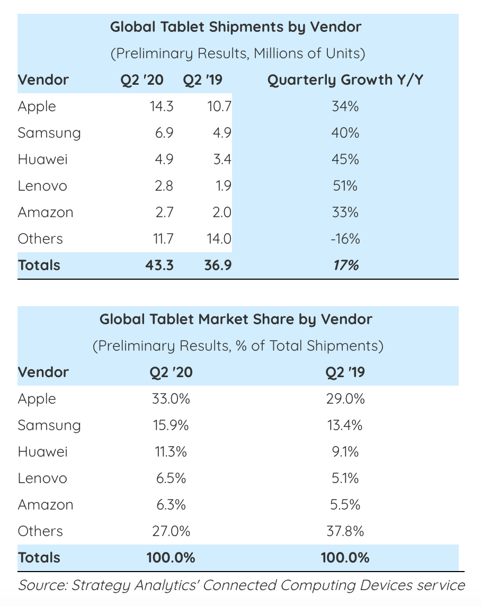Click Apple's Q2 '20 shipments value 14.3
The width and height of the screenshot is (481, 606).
(161, 106)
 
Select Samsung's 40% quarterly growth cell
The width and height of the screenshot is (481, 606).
(345, 133)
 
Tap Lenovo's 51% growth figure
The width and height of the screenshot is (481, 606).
(345, 186)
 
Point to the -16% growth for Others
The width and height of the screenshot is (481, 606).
(345, 239)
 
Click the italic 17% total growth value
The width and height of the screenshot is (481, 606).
(345, 265)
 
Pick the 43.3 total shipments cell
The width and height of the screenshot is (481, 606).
(159, 265)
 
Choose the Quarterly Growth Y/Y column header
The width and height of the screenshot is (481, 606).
(345, 80)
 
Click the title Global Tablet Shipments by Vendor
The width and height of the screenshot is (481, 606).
(236, 27)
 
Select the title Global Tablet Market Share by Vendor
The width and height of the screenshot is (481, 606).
(236, 319)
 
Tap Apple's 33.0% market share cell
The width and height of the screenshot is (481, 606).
(171, 399)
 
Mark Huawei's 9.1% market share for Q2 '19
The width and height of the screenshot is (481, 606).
(345, 452)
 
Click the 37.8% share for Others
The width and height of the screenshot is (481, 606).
(345, 531)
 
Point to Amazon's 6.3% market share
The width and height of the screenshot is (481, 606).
(171, 505)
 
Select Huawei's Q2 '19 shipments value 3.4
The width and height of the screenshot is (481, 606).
(220, 159)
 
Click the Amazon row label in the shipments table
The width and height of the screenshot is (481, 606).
(46, 212)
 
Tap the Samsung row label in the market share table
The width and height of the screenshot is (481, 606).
(49, 425)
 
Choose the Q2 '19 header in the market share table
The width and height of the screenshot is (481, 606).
(345, 372)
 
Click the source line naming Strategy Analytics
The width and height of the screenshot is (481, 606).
(241, 585)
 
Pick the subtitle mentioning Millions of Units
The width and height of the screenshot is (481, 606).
(238, 54)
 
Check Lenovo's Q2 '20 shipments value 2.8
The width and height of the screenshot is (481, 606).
(163, 186)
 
